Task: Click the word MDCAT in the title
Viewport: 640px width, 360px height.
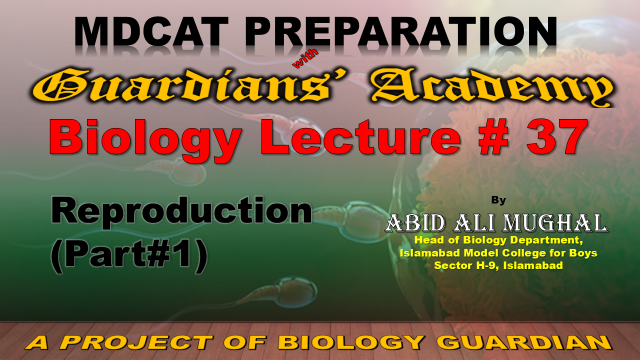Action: point(151,31)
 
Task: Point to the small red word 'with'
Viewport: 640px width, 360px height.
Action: point(305,59)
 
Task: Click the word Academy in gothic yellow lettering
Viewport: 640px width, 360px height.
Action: point(492,88)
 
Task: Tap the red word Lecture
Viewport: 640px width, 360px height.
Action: point(362,136)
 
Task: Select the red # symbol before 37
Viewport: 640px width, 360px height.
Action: point(494,137)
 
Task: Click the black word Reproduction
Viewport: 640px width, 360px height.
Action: point(181,211)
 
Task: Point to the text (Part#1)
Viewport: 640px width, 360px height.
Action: point(129,255)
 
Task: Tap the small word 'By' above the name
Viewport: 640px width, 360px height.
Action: point(498,200)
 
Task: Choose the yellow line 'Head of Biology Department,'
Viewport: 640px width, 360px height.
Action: point(498,240)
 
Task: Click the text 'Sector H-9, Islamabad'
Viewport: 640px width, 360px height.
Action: point(498,266)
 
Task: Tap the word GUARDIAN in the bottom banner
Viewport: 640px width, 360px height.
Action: point(526,342)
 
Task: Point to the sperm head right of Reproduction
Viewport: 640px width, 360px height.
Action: point(359,218)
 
